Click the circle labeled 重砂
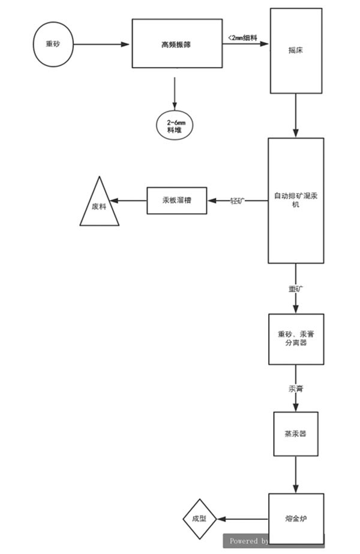pos(53,44)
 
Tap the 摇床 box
pos(296,50)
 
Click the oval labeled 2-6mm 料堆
pos(175,126)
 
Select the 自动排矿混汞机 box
pos(296,200)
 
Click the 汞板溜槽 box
pos(176,200)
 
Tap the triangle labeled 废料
pos(99,206)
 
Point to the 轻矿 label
pos(238,201)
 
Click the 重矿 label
pos(296,289)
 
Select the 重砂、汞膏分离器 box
pos(296,339)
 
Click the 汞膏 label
pos(296,389)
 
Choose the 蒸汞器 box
pos(296,433)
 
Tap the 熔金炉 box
pos(296,519)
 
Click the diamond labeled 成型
pos(199,519)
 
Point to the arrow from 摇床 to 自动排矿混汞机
pos(296,115)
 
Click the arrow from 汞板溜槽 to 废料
pos(132,200)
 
